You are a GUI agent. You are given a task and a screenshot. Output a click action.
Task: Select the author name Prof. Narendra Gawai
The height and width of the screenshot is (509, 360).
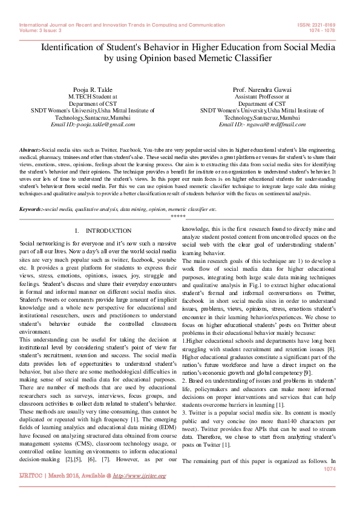pyautogui.click(x=262, y=89)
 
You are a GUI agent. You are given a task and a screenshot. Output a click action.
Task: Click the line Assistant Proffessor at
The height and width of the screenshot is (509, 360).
pyautogui.click(x=262, y=96)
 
